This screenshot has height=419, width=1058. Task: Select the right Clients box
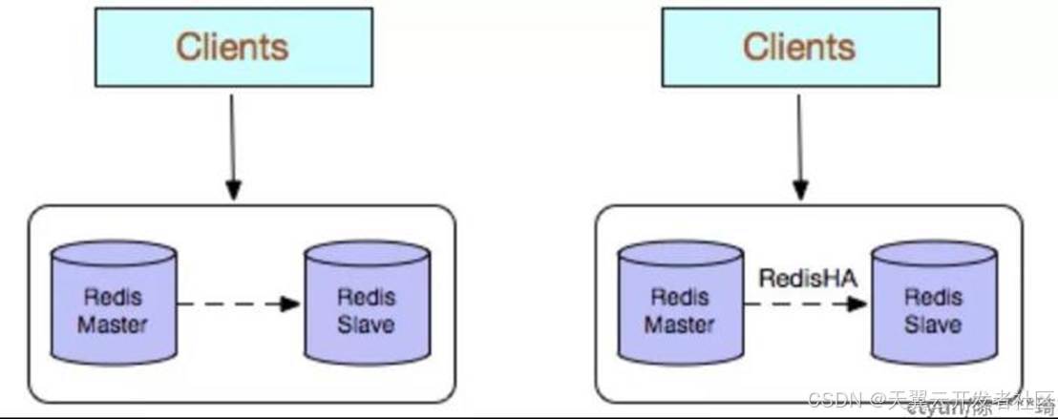[800, 45]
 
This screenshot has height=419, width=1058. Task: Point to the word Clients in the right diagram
[800, 45]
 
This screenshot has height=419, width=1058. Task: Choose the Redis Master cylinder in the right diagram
[680, 304]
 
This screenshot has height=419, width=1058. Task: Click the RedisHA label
[806, 278]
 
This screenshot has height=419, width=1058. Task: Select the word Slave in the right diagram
[933, 325]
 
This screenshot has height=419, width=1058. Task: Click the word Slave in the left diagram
[367, 325]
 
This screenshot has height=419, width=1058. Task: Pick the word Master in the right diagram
[680, 325]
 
